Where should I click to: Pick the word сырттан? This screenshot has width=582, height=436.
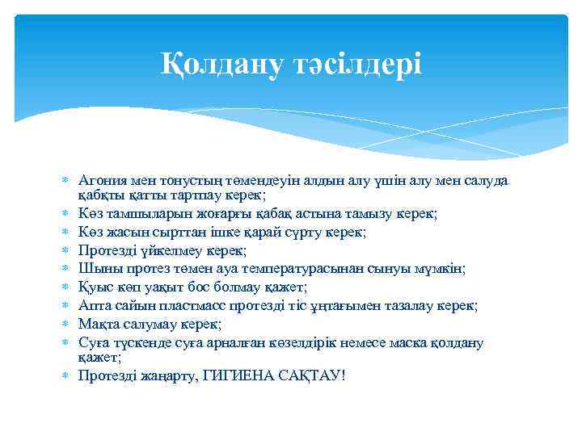pyautogui.click(x=169, y=232)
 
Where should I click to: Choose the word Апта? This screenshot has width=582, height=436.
pyautogui.click(x=93, y=306)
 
